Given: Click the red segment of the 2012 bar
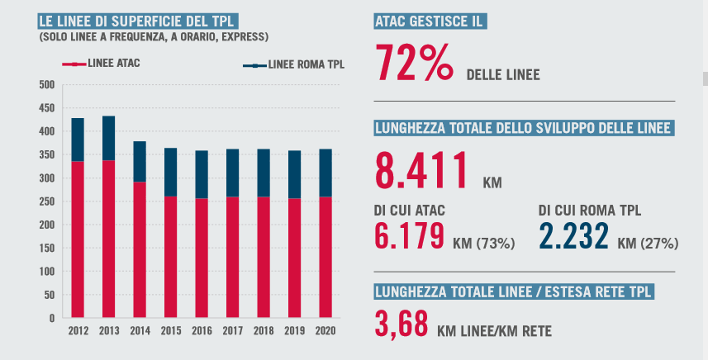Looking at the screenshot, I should coord(78,239).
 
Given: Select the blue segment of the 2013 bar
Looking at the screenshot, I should coord(108,139).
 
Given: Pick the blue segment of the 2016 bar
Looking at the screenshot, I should coord(202,174).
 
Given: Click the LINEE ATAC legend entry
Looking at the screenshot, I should coord(105,63).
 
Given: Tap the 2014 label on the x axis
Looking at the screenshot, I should coord(140,331).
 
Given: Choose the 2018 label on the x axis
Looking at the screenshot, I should coord(264,331).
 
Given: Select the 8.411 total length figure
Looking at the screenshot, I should coord(421,171).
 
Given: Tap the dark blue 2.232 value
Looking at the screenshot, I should coord(574,235).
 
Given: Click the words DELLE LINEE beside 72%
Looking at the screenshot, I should coord(503,75).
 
